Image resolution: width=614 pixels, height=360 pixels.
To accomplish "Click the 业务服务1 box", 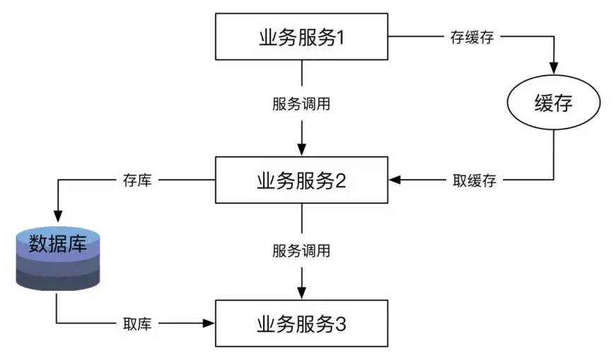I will coord(302,37).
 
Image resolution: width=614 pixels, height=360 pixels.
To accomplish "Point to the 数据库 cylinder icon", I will coord(57,257).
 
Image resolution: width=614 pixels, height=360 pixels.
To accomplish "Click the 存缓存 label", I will coord(471,37).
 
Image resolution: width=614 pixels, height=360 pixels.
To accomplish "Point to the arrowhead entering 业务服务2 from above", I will coord(302,150).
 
